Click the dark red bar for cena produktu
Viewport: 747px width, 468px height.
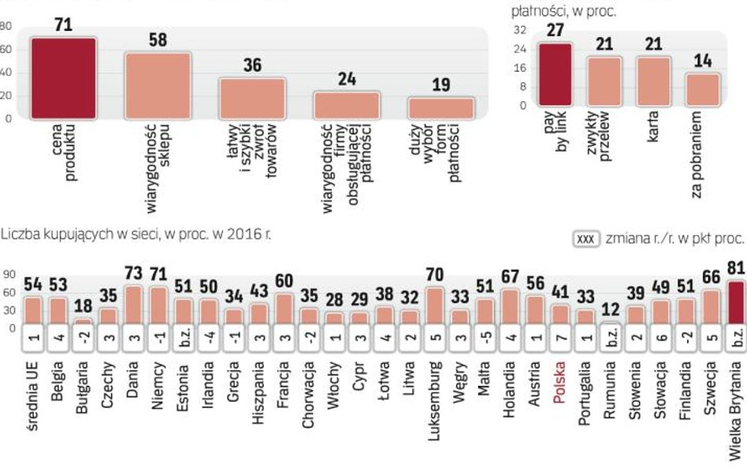(x=64, y=78)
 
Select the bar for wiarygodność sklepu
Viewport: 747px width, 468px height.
(x=158, y=86)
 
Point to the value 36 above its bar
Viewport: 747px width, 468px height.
(x=252, y=66)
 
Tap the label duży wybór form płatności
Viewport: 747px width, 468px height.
(x=442, y=153)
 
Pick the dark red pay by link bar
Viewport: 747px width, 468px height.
(x=556, y=74)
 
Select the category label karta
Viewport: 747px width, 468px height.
(x=653, y=127)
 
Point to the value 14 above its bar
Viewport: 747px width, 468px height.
(x=702, y=62)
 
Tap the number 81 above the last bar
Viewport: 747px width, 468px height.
(x=735, y=269)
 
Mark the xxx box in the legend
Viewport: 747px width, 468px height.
(x=586, y=238)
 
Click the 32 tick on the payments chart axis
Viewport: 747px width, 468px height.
(x=519, y=30)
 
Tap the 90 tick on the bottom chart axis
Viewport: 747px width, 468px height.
(x=9, y=275)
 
